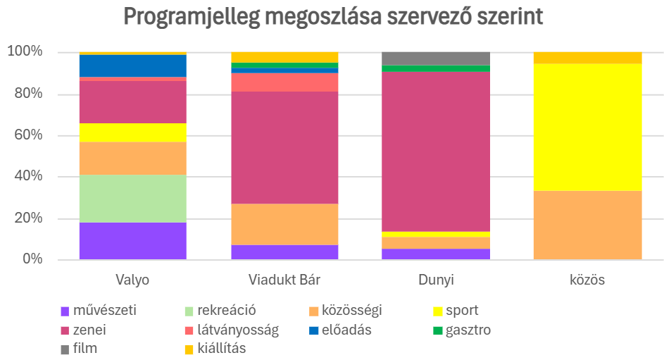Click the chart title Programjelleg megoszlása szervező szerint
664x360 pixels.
333,17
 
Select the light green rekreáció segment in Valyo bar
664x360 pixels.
132,199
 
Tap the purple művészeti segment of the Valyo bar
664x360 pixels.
132,241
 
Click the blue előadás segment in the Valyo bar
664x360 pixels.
132,66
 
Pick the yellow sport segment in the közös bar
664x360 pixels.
587,127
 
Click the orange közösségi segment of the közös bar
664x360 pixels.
587,225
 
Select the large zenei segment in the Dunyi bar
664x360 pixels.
435,151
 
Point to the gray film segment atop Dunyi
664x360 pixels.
435,58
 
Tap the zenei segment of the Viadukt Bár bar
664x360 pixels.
284,147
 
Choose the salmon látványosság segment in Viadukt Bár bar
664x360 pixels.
284,82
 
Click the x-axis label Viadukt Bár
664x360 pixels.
284,280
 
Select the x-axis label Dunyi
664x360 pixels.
435,280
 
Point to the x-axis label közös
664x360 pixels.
587,280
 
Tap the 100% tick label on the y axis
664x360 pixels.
25,52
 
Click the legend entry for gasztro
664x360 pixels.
468,330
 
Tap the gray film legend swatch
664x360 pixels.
65,349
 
